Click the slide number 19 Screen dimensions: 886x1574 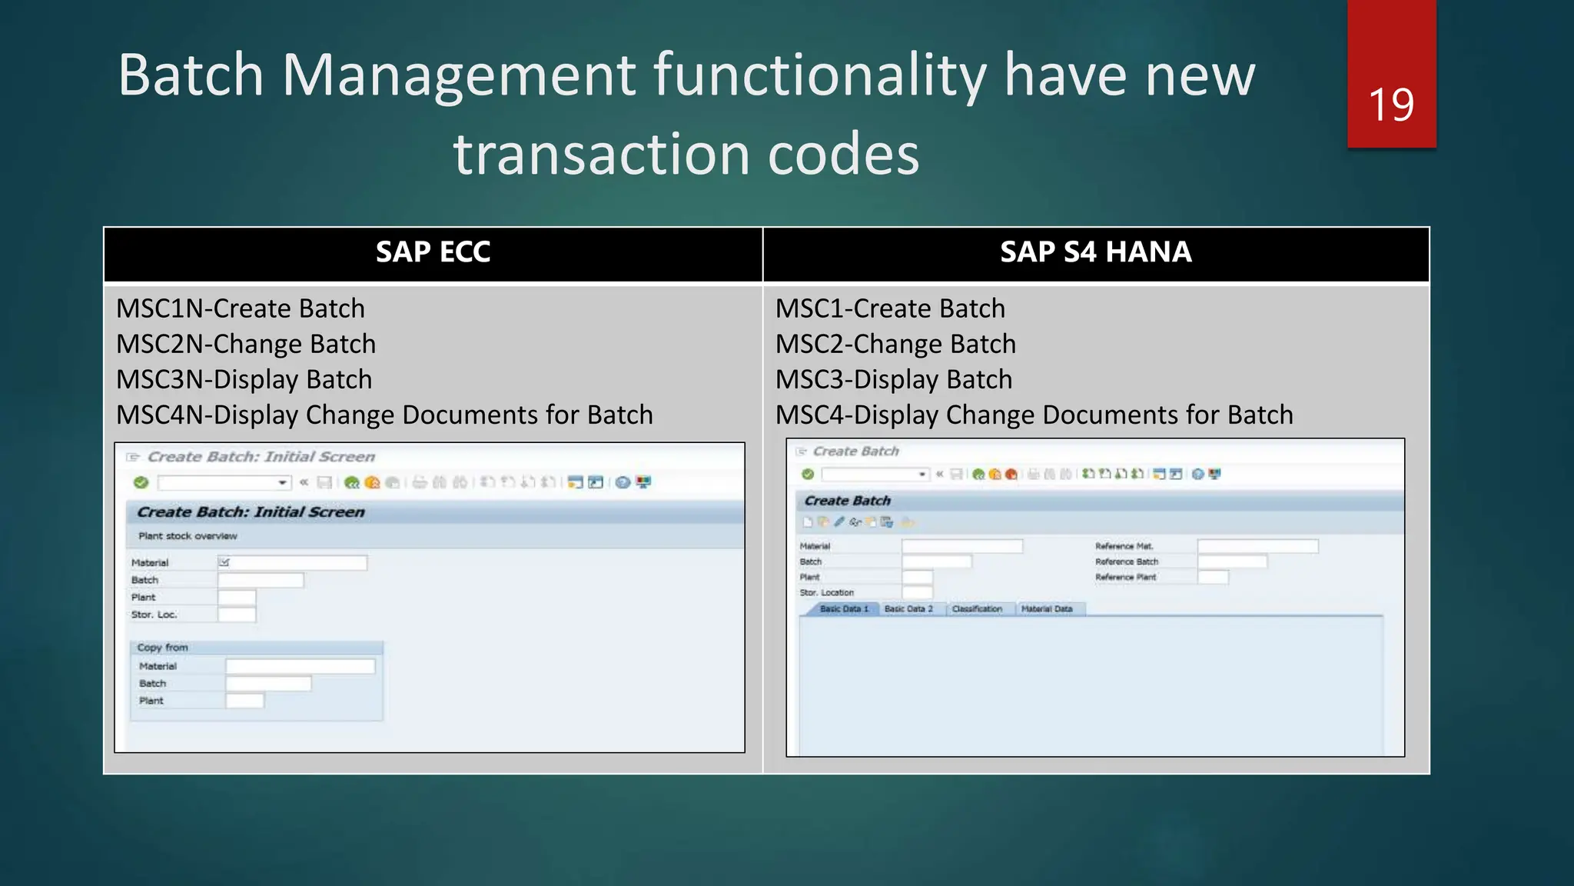coord(1391,105)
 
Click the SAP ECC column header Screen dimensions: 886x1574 coord(433,252)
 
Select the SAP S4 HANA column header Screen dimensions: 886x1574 coord(1095,252)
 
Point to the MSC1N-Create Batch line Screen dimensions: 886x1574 coord(241,308)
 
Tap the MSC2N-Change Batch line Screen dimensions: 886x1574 coord(246,344)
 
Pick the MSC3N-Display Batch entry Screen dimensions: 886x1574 coord(244,379)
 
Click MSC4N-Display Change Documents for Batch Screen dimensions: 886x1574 coord(384,415)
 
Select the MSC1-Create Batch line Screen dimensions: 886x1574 coord(890,308)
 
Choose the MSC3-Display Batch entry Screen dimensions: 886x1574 coord(894,379)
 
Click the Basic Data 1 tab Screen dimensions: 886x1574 coord(843,609)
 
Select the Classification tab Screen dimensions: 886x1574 coord(977,609)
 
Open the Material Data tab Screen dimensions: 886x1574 coord(1046,609)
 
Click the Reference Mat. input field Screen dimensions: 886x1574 coord(1257,546)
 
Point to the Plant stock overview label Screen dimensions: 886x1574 coord(188,536)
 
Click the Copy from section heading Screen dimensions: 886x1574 coord(162,648)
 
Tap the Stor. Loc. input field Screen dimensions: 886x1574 coord(237,615)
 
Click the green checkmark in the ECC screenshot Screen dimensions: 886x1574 coord(141,482)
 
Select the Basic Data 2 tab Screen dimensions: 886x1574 coord(908,609)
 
